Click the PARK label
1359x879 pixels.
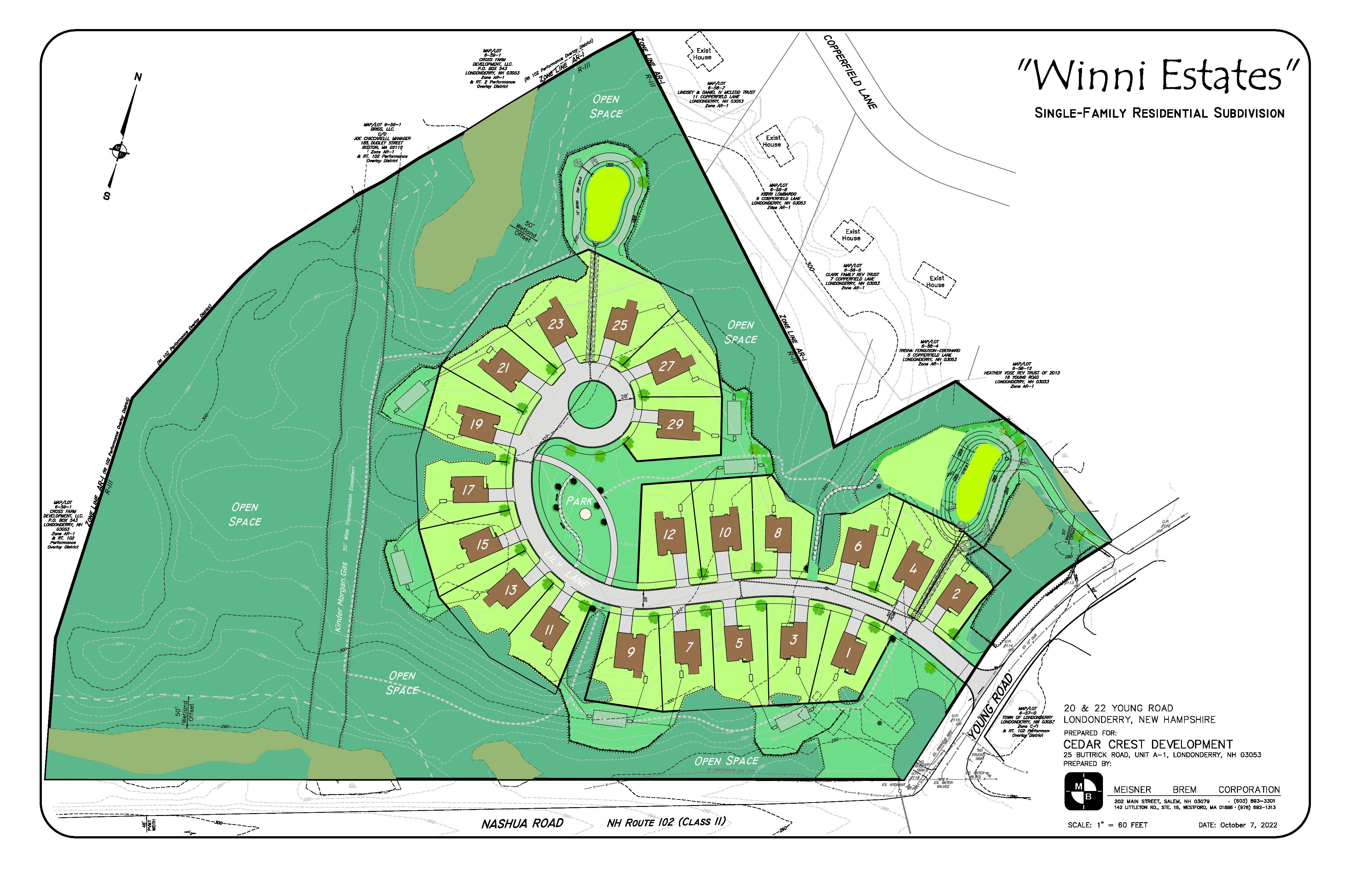click(x=579, y=501)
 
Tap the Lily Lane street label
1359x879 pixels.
click(x=565, y=571)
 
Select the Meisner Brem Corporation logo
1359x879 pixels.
click(x=1083, y=791)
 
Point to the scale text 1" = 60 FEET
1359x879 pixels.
click(x=1107, y=825)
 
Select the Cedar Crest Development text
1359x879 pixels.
click(x=1147, y=744)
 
